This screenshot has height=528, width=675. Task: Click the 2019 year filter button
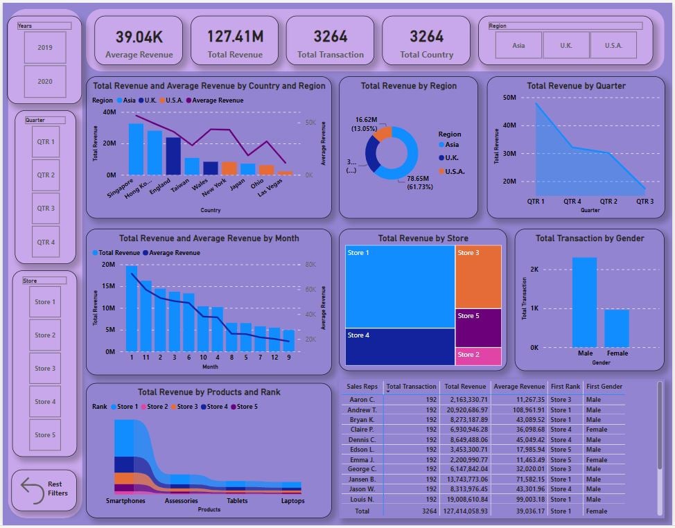tap(45, 48)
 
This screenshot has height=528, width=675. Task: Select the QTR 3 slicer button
tap(46, 209)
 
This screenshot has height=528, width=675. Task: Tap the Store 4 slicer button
tap(45, 402)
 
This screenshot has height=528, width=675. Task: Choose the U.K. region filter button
tap(566, 46)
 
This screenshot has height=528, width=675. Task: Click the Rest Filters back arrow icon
tap(32, 489)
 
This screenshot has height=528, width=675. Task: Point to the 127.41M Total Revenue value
tap(235, 37)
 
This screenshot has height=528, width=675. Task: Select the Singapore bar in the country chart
tap(136, 149)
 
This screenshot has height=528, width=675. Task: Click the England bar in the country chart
tap(173, 156)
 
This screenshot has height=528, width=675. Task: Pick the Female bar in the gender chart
tap(617, 328)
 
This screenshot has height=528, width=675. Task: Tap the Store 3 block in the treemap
tap(479, 277)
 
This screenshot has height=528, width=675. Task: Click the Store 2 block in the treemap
tap(479, 356)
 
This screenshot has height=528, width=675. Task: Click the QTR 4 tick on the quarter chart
tap(572, 202)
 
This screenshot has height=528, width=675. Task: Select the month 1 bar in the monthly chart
tap(132, 308)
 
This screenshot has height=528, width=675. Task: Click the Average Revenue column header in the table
tap(519, 387)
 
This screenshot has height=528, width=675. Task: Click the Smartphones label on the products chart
tap(125, 501)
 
